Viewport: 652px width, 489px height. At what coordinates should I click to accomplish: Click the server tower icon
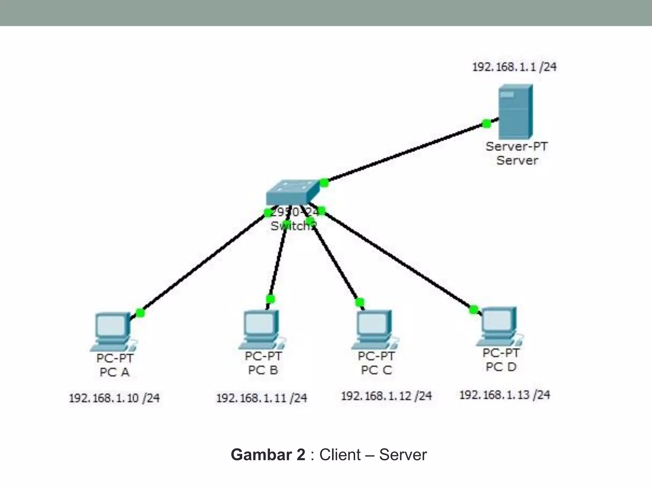point(515,111)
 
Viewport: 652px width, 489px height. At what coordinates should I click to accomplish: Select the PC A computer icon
point(112,331)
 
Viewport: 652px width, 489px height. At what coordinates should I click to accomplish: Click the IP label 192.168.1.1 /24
point(514,67)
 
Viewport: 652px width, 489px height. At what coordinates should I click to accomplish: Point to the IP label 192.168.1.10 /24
point(114,398)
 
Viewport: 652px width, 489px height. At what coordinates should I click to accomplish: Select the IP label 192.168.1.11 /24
point(261,398)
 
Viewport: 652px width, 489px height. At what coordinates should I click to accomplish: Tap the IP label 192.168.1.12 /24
point(386,396)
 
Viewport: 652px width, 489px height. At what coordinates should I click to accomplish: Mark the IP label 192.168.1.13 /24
point(505,395)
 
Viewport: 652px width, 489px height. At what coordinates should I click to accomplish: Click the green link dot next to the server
point(486,124)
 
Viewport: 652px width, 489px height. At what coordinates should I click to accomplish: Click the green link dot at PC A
point(140,313)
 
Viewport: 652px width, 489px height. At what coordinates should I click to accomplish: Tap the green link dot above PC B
point(270,299)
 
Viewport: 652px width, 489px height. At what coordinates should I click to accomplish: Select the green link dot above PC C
point(359,302)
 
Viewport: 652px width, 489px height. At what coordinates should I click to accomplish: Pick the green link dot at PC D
point(473,309)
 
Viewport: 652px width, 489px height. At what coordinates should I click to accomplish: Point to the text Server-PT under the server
point(516,147)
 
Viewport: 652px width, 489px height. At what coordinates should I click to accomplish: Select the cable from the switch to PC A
point(204,263)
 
